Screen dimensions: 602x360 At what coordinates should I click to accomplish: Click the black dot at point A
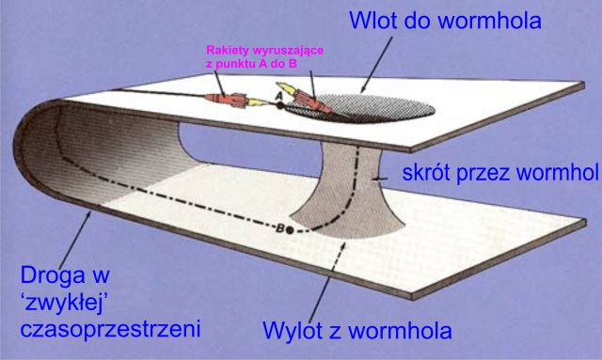pyautogui.click(x=280, y=105)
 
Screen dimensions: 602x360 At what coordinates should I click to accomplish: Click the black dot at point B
pyautogui.click(x=290, y=230)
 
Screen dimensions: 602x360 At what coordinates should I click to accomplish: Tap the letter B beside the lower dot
pyautogui.click(x=280, y=228)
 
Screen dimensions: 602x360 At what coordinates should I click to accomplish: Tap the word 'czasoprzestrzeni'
pyautogui.click(x=111, y=330)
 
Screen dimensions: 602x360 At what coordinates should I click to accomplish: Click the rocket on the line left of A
pyautogui.click(x=225, y=99)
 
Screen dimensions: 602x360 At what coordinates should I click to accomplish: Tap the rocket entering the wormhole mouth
pyautogui.click(x=305, y=98)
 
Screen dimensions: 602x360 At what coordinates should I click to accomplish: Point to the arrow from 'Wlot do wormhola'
pyautogui.click(x=376, y=65)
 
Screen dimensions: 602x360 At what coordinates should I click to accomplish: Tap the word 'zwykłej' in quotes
pyautogui.click(x=63, y=304)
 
